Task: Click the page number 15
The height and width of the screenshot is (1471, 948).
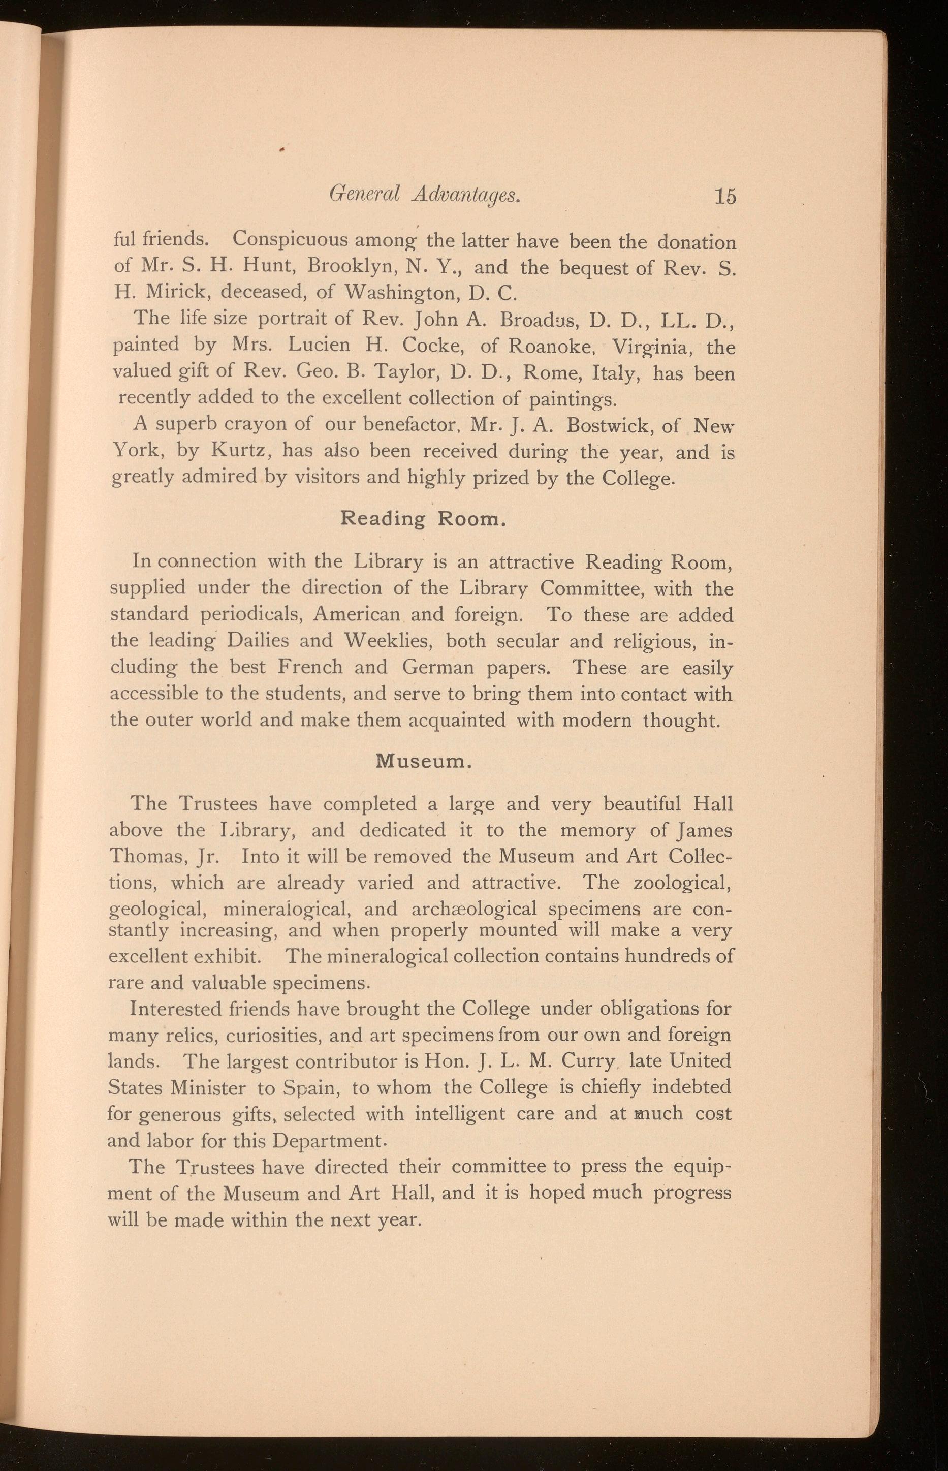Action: tap(725, 196)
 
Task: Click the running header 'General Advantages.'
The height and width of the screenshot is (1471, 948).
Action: tap(425, 195)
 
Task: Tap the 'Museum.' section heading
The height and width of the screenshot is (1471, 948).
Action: tap(424, 761)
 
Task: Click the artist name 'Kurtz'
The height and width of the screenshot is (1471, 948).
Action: tap(238, 451)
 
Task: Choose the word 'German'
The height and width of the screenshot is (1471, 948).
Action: tap(442, 667)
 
